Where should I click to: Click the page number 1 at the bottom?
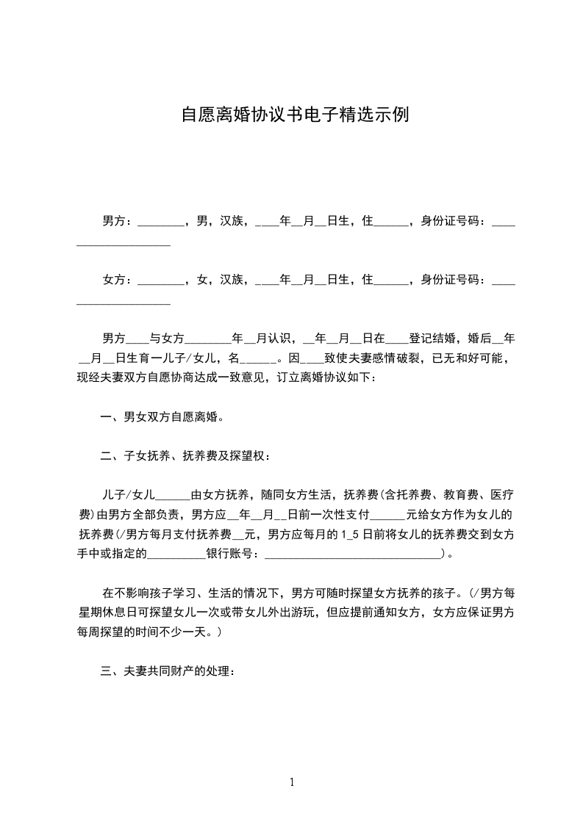(292, 783)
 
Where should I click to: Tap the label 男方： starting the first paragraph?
(118, 220)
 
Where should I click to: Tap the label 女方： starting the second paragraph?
(118, 279)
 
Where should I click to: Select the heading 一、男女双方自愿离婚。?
(162, 417)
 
